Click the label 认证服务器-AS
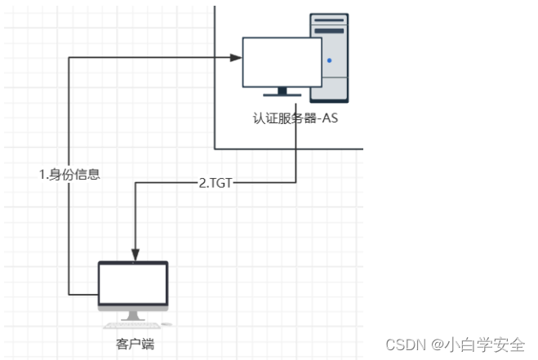coord(296,118)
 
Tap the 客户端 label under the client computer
coord(135,344)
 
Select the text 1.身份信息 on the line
coord(70,175)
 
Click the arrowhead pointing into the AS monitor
coord(237,57)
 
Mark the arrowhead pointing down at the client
coord(135,254)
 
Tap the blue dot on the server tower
coord(329,60)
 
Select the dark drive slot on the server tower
coord(329,31)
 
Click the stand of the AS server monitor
coord(282,91)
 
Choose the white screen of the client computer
coord(133,284)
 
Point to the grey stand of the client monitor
coord(133,314)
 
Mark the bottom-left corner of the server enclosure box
coord(215,149)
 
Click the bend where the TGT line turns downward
coord(135,184)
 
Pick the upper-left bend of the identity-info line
coord(69,57)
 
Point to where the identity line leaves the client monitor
coord(96,293)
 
